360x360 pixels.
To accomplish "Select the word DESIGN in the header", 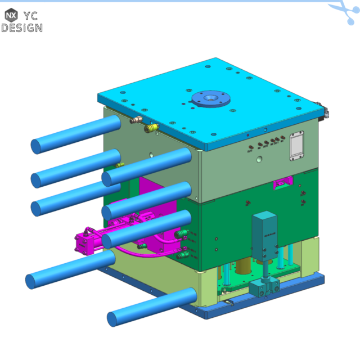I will tap(21, 27).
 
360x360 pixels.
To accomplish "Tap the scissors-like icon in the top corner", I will tap(344, 11).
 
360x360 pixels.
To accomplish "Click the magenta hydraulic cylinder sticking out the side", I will tap(93, 238).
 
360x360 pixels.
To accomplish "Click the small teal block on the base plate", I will tap(265, 288).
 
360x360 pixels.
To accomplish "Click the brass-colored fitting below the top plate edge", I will tap(136, 119).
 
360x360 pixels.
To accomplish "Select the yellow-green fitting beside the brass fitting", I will tap(150, 129).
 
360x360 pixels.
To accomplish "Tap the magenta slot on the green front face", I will tap(281, 182).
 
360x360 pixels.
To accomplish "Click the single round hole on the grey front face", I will tap(258, 160).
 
